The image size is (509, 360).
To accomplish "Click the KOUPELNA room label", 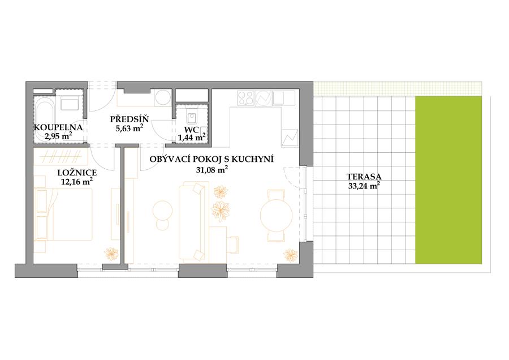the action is click(x=58, y=127).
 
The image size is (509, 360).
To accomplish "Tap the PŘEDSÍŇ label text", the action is click(x=129, y=119).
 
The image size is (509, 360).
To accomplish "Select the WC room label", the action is click(x=191, y=129).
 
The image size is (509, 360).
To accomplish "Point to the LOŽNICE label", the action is click(x=77, y=173).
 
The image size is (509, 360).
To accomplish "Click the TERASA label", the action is click(x=364, y=177).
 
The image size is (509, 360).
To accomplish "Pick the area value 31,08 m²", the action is click(x=211, y=169).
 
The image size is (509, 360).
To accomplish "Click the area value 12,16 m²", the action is click(x=77, y=182).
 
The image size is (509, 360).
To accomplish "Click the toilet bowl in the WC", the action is click(x=192, y=115).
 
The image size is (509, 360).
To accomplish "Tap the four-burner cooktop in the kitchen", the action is click(x=246, y=97).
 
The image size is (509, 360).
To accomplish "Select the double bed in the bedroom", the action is click(x=63, y=215).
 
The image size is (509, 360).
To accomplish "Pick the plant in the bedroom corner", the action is click(x=111, y=254).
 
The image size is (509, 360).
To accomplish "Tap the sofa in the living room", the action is click(x=192, y=222).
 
